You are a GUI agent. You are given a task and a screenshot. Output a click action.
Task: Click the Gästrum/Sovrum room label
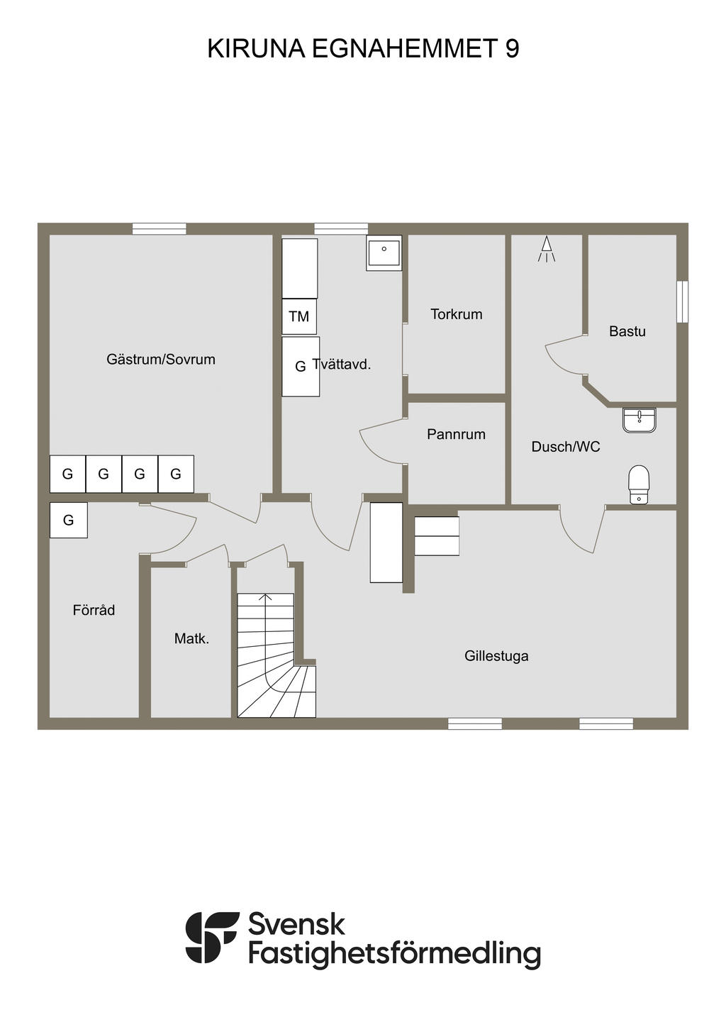161,360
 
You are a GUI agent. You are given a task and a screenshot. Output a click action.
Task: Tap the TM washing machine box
299,316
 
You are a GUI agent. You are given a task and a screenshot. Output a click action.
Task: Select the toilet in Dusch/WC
639,484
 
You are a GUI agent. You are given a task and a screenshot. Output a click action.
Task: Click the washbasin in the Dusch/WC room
640,420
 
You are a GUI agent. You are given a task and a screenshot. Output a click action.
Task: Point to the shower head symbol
547,249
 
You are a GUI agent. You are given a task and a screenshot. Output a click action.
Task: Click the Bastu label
627,331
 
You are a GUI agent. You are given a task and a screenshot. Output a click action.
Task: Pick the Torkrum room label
456,314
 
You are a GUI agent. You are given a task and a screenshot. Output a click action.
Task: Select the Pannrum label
456,434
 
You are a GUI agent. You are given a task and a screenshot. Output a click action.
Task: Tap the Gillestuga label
496,656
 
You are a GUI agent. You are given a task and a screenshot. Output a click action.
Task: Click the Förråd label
94,610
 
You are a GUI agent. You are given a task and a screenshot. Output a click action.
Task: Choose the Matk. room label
191,638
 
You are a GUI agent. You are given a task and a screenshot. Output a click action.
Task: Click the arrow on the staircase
265,598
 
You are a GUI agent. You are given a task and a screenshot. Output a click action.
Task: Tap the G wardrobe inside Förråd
69,520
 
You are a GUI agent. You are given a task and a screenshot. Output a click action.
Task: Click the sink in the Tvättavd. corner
384,252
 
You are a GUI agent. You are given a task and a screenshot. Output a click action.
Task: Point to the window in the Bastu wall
682,302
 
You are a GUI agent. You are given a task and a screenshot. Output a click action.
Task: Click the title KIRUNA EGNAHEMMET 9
363,49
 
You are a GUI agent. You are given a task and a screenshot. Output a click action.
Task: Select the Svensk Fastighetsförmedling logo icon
212,937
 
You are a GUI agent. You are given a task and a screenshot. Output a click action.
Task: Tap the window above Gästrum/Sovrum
160,228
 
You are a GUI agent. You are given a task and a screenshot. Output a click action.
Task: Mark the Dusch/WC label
566,447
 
